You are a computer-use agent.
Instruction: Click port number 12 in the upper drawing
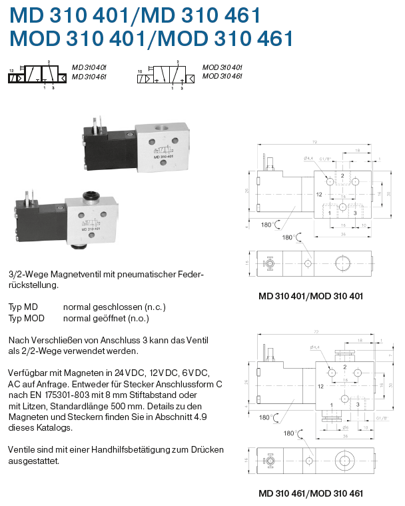tap(319, 195)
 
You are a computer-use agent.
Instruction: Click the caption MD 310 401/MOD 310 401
tap(310, 295)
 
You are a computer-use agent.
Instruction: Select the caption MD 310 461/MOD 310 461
tap(310, 493)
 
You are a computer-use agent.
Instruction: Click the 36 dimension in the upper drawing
tap(343, 233)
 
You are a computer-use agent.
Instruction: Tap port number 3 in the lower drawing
tap(358, 403)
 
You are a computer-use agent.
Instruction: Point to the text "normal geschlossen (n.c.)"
tap(114, 307)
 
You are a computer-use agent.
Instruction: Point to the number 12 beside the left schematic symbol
tap(11, 69)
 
